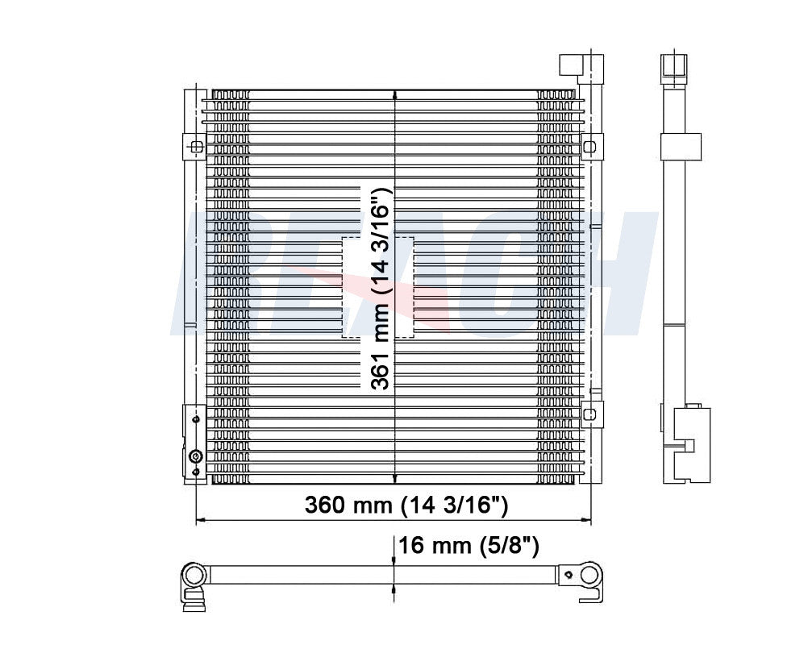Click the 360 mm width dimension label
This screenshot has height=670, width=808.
406,506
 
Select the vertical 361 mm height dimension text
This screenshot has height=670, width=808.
380,288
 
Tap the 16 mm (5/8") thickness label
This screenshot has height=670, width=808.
469,546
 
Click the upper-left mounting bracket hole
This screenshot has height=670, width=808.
195,147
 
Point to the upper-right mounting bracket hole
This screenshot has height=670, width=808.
589,147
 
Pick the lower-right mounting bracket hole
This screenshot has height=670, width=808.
589,413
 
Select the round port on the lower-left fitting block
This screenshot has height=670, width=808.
194,457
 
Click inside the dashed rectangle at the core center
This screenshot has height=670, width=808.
355,286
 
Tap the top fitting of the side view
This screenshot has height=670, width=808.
671,68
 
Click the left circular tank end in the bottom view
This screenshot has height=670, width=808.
194,575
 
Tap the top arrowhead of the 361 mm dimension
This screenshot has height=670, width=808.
394,94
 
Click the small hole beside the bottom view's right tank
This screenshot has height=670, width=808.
569,575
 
